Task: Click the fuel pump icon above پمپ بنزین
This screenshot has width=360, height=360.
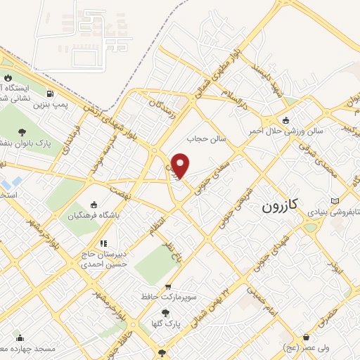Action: pyautogui.click(x=50, y=94)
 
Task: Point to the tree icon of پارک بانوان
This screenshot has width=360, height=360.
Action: pyautogui.click(x=22, y=131)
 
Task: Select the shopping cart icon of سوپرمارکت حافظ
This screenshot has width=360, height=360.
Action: pyautogui.click(x=168, y=286)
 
